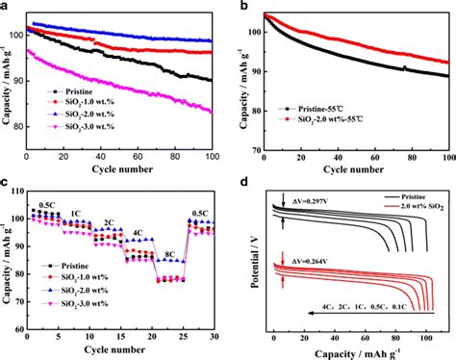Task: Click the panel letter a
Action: pyautogui.click(x=7, y=7)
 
